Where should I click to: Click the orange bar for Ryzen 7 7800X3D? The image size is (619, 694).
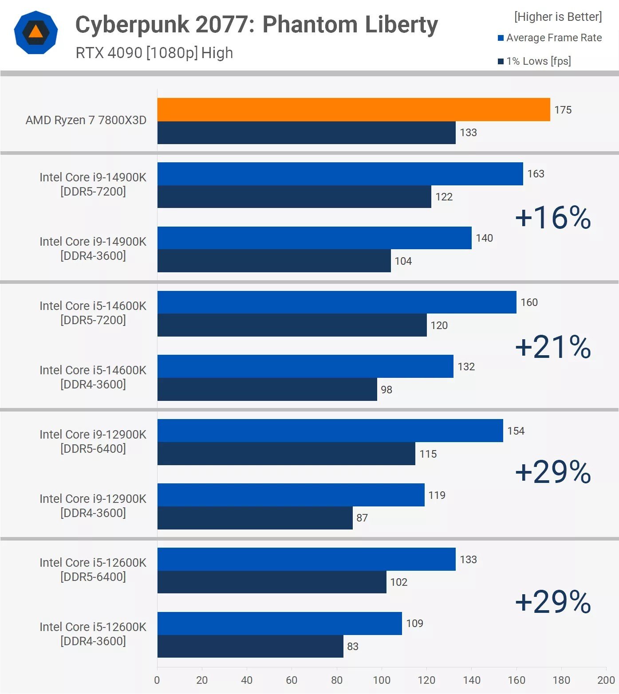[354, 110]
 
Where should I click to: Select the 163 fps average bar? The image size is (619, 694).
[340, 174]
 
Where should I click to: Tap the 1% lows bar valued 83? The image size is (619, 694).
[250, 646]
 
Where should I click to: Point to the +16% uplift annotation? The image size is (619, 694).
[553, 218]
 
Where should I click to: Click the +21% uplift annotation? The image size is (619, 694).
[553, 346]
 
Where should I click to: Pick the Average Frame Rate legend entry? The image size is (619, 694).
[550, 38]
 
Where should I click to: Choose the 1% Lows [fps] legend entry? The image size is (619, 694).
[534, 61]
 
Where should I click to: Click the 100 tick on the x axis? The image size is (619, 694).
[382, 680]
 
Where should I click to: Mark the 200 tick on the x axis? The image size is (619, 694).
[606, 680]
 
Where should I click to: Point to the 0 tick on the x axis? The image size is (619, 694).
[157, 680]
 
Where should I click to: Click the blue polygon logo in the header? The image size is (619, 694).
[35, 32]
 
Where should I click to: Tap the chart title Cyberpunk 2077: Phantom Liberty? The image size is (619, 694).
[256, 24]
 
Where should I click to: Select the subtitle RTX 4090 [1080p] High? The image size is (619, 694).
[154, 53]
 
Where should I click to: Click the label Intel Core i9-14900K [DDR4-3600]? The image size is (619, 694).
[93, 248]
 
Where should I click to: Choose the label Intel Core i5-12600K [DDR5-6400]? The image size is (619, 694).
[93, 569]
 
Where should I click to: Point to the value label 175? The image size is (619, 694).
[563, 110]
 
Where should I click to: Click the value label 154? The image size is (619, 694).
[516, 431]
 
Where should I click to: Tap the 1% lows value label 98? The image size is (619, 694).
[386, 390]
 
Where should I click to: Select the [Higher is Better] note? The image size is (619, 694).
[558, 17]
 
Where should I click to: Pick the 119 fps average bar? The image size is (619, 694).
[291, 495]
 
